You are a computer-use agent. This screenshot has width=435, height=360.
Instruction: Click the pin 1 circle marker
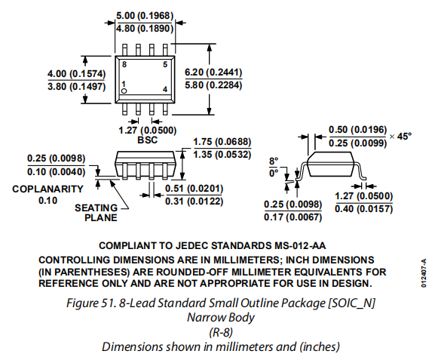point(124,91)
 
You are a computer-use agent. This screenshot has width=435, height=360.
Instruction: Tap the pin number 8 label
point(124,64)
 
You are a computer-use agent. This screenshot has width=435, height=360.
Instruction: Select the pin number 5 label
point(165,65)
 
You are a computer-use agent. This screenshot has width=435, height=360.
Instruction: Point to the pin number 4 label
point(165,90)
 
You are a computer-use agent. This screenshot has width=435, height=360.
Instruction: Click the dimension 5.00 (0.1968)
point(145,16)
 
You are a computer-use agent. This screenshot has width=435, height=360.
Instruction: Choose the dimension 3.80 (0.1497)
point(77,86)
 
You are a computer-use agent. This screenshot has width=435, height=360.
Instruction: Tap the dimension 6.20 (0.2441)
point(213,72)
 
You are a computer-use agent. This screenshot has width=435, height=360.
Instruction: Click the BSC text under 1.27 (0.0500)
point(147,140)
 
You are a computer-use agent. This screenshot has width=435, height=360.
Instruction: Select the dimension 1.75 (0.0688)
point(222,142)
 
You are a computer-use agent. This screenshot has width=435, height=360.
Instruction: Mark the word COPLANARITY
point(47,189)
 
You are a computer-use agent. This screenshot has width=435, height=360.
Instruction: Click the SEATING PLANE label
point(96,213)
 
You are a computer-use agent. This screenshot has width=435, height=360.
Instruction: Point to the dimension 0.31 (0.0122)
point(195,201)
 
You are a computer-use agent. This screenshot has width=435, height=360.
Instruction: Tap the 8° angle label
point(274,161)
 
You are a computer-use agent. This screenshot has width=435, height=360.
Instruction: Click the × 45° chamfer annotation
point(400,136)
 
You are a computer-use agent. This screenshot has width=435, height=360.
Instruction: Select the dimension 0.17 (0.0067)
point(293,217)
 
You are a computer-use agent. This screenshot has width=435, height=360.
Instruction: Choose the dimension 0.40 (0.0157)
point(363,208)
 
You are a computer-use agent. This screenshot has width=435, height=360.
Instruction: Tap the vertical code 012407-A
point(424,273)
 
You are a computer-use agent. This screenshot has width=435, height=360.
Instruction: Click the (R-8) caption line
point(221,332)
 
